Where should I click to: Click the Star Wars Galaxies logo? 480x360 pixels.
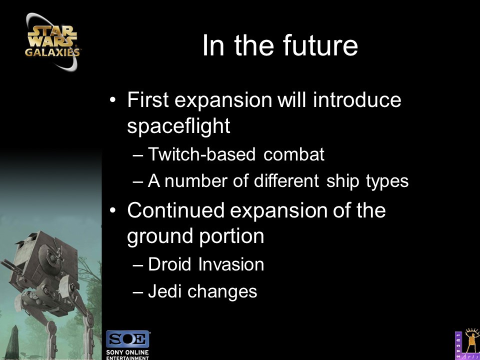pyautogui.click(x=51, y=42)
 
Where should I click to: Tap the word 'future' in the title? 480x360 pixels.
pyautogui.click(x=320, y=46)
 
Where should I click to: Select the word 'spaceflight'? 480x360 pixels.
pyautogui.click(x=178, y=125)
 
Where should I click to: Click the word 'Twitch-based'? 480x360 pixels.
pyautogui.click(x=201, y=154)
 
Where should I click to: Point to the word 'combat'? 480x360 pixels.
pyautogui.click(x=293, y=154)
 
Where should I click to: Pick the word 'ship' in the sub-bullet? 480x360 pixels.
pyautogui.click(x=342, y=181)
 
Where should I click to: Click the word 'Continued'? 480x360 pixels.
pyautogui.click(x=175, y=210)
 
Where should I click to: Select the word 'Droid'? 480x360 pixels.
pyautogui.click(x=169, y=264)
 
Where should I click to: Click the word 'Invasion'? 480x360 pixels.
pyautogui.click(x=231, y=264)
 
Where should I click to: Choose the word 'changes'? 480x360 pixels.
pyautogui.click(x=222, y=291)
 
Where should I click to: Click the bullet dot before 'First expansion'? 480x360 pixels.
pyautogui.click(x=113, y=100)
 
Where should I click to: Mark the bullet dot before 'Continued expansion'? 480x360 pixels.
pyautogui.click(x=113, y=210)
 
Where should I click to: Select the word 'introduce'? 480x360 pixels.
pyautogui.click(x=356, y=100)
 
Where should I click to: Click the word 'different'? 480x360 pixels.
pyautogui.click(x=286, y=181)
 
